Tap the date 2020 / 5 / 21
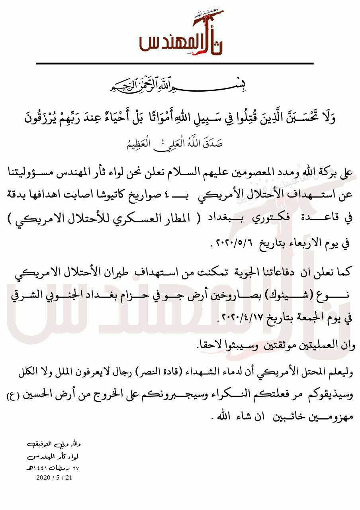(53, 477)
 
